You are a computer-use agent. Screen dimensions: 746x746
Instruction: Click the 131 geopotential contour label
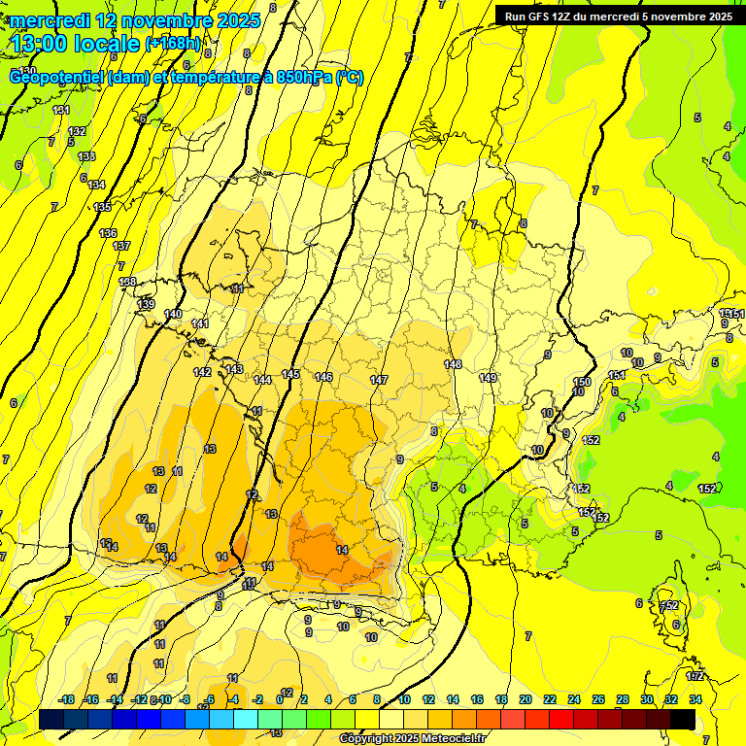(61, 110)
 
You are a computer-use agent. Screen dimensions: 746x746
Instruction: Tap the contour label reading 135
(102, 207)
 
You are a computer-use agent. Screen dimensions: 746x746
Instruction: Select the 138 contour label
(127, 282)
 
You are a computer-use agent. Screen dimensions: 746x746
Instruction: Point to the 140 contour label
(173, 314)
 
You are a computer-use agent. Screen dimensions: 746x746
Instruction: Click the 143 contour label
(235, 370)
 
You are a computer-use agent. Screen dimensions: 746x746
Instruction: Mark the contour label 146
(323, 377)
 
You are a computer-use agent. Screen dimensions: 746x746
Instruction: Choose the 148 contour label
(453, 364)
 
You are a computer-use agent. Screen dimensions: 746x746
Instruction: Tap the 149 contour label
(489, 378)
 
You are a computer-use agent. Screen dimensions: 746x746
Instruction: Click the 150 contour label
(582, 382)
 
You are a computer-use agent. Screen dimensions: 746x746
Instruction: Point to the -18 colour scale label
(67, 699)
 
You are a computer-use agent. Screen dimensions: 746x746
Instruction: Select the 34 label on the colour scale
(695, 699)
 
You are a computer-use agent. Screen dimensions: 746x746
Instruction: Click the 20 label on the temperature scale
(526, 699)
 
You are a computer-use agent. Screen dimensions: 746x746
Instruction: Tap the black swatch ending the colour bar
(683, 719)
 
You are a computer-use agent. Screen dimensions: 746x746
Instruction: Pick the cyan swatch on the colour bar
(246, 719)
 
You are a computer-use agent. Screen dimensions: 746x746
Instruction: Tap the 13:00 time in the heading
(40, 43)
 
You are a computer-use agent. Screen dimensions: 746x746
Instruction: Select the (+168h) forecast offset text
(173, 44)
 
